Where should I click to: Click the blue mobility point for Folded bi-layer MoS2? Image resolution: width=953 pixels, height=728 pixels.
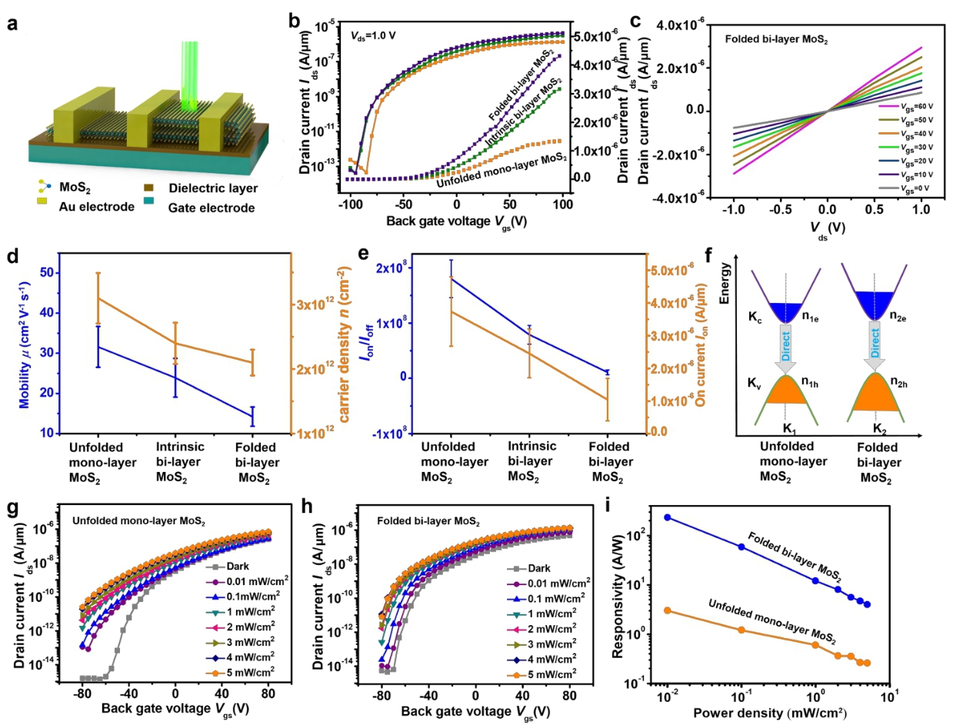tap(252, 416)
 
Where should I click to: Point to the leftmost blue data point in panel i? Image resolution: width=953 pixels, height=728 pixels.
tap(668, 517)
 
